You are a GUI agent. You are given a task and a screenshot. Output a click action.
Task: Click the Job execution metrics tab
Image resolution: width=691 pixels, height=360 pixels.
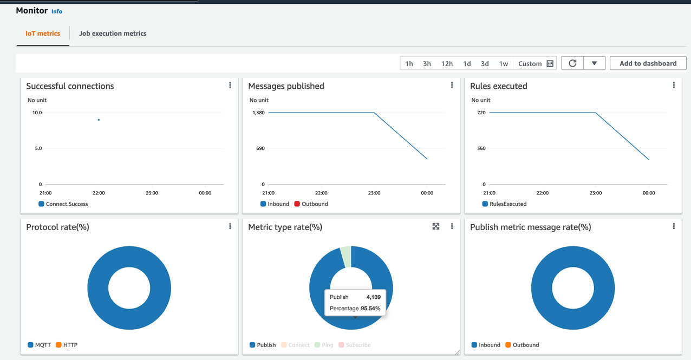(113, 34)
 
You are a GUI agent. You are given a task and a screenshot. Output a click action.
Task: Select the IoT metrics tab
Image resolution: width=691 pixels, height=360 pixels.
(43, 34)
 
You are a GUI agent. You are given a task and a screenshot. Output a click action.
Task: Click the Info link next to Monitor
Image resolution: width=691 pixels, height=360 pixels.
(57, 11)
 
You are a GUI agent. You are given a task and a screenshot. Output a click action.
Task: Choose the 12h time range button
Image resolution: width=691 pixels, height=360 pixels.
(447, 64)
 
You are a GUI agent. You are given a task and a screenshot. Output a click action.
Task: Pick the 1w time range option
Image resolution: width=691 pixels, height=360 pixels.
(504, 64)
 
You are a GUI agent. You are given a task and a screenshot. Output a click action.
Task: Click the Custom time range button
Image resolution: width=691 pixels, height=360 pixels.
(535, 64)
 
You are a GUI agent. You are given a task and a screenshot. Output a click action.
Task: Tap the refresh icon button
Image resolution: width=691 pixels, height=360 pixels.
(572, 63)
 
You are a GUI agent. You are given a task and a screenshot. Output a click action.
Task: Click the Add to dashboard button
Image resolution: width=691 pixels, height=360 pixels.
(648, 63)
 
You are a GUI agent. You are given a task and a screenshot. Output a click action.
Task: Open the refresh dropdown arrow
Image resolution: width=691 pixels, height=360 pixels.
(594, 63)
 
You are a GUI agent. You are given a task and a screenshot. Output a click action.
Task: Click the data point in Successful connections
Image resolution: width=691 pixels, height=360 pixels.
(99, 120)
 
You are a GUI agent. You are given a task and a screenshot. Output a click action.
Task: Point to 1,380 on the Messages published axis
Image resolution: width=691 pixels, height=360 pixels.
(258, 113)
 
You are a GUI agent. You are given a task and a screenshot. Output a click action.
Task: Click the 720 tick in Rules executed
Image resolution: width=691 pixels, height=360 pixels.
(481, 113)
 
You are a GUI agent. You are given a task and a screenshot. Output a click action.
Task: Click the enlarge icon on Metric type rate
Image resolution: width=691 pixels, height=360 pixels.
(436, 226)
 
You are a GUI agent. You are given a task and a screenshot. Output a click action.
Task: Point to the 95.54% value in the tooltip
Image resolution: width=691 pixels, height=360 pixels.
(370, 309)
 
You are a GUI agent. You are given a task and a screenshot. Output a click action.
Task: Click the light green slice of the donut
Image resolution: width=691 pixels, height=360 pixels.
(345, 256)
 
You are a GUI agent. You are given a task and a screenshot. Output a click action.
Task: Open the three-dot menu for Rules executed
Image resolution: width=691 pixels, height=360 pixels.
(674, 86)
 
